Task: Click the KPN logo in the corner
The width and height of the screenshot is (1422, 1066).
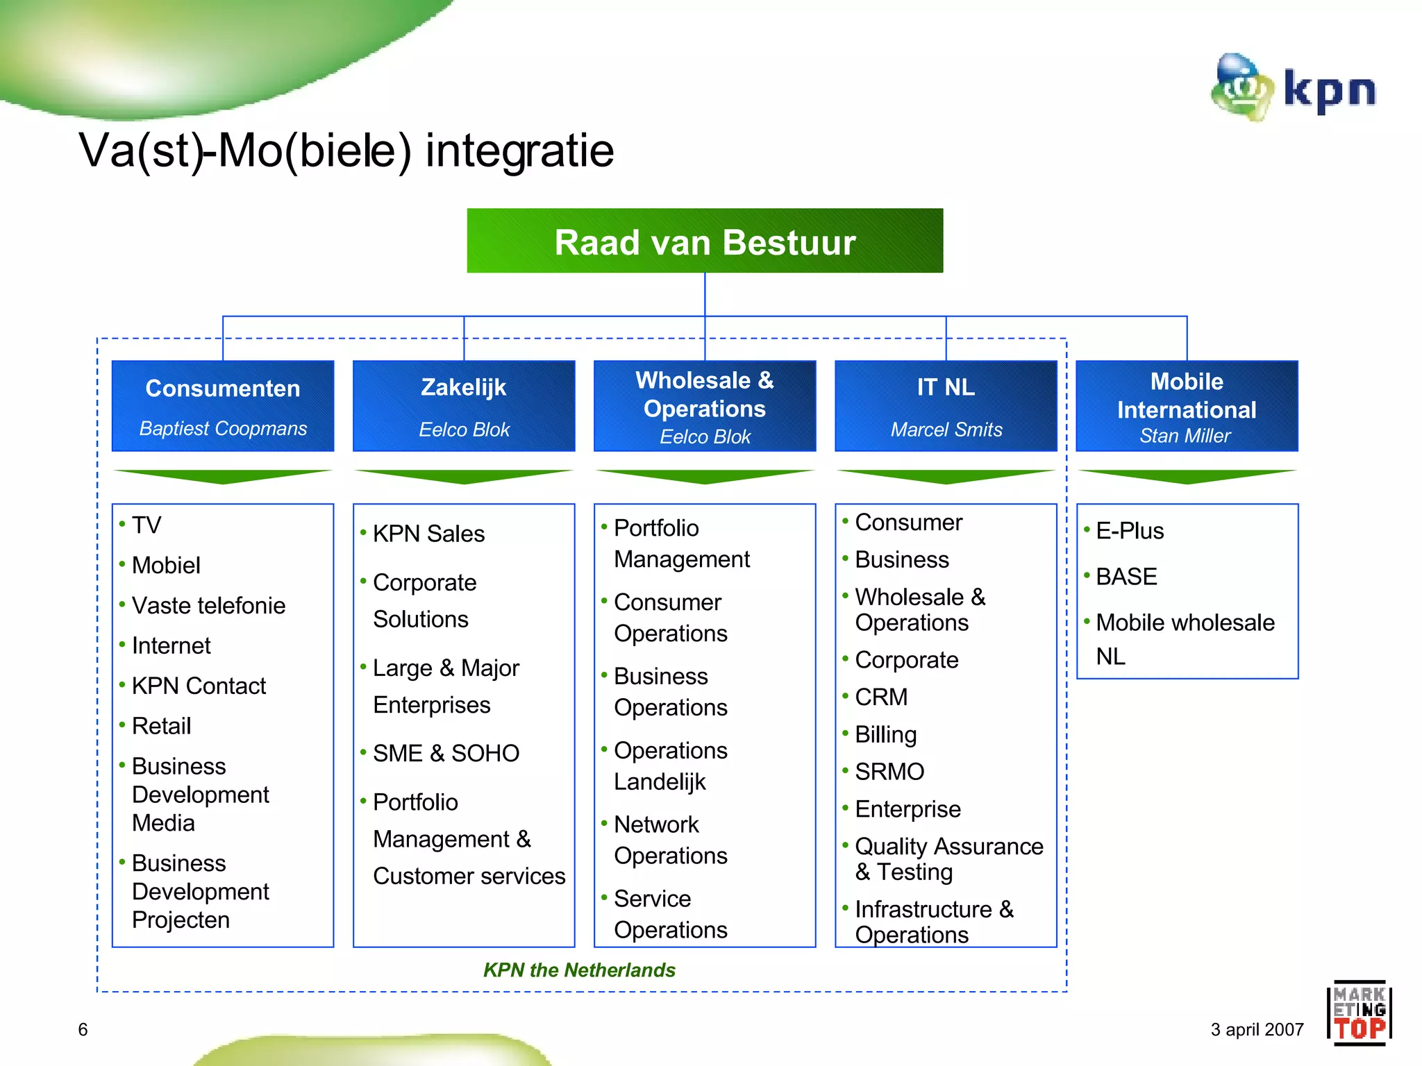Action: point(1293,89)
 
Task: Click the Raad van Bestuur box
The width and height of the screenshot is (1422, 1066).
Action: point(704,242)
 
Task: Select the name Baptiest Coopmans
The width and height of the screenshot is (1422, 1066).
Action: point(223,429)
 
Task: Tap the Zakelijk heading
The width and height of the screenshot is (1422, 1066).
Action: point(463,387)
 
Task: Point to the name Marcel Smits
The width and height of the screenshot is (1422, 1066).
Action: point(946,430)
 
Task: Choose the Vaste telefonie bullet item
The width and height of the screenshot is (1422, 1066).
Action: point(208,606)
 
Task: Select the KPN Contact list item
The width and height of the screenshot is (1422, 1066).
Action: point(199,686)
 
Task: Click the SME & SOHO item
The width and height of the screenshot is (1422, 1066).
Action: point(446,753)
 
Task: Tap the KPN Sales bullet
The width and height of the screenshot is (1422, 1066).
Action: point(428,534)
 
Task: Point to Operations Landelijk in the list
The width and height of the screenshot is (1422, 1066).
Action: point(670,765)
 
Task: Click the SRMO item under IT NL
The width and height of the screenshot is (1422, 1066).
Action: point(889,772)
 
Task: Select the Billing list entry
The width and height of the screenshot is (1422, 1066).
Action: point(885,734)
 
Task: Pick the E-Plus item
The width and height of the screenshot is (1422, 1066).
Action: point(1129,531)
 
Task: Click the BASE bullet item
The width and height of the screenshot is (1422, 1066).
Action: point(1126,577)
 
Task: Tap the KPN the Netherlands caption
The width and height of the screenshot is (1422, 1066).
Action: point(579,970)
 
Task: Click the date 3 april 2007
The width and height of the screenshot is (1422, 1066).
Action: point(1257,1029)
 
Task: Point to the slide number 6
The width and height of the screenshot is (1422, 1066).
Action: point(83,1029)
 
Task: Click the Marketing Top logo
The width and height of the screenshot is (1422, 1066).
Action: point(1359,1012)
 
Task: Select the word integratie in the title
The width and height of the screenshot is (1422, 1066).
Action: point(519,151)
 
